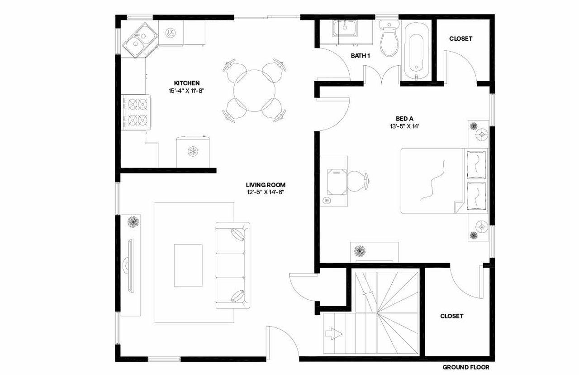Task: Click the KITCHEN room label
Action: [187, 83]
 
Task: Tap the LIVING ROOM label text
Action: [266, 185]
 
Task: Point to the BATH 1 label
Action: [361, 56]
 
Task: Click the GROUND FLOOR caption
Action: [465, 367]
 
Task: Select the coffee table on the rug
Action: [189, 265]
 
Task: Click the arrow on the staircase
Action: [332, 335]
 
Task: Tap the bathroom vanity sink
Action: [345, 30]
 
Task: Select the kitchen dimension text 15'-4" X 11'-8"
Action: [187, 91]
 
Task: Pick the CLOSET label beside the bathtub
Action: [460, 38]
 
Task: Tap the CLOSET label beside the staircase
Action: [451, 316]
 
